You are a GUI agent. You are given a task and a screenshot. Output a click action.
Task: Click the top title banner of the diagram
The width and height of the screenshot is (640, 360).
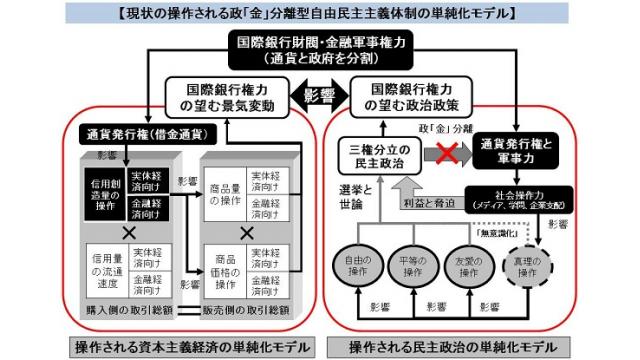pyautogui.click(x=319, y=13)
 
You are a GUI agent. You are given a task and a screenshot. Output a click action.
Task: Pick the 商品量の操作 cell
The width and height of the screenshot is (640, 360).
pyautogui.click(x=226, y=191)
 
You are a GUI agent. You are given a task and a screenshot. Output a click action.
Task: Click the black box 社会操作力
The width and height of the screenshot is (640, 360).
pyautogui.click(x=519, y=195)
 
